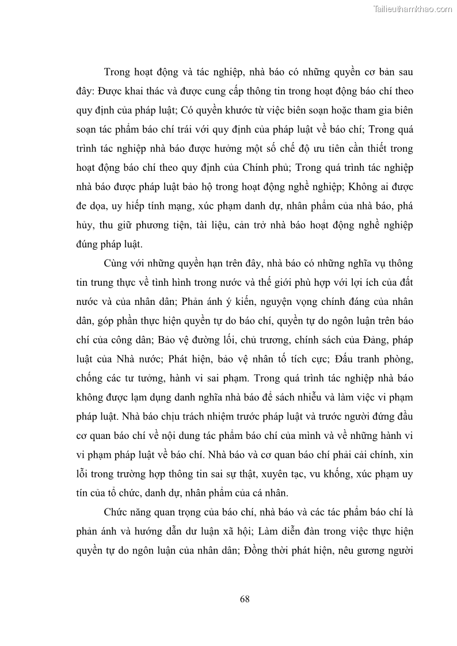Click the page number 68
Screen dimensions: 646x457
tap(244, 599)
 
